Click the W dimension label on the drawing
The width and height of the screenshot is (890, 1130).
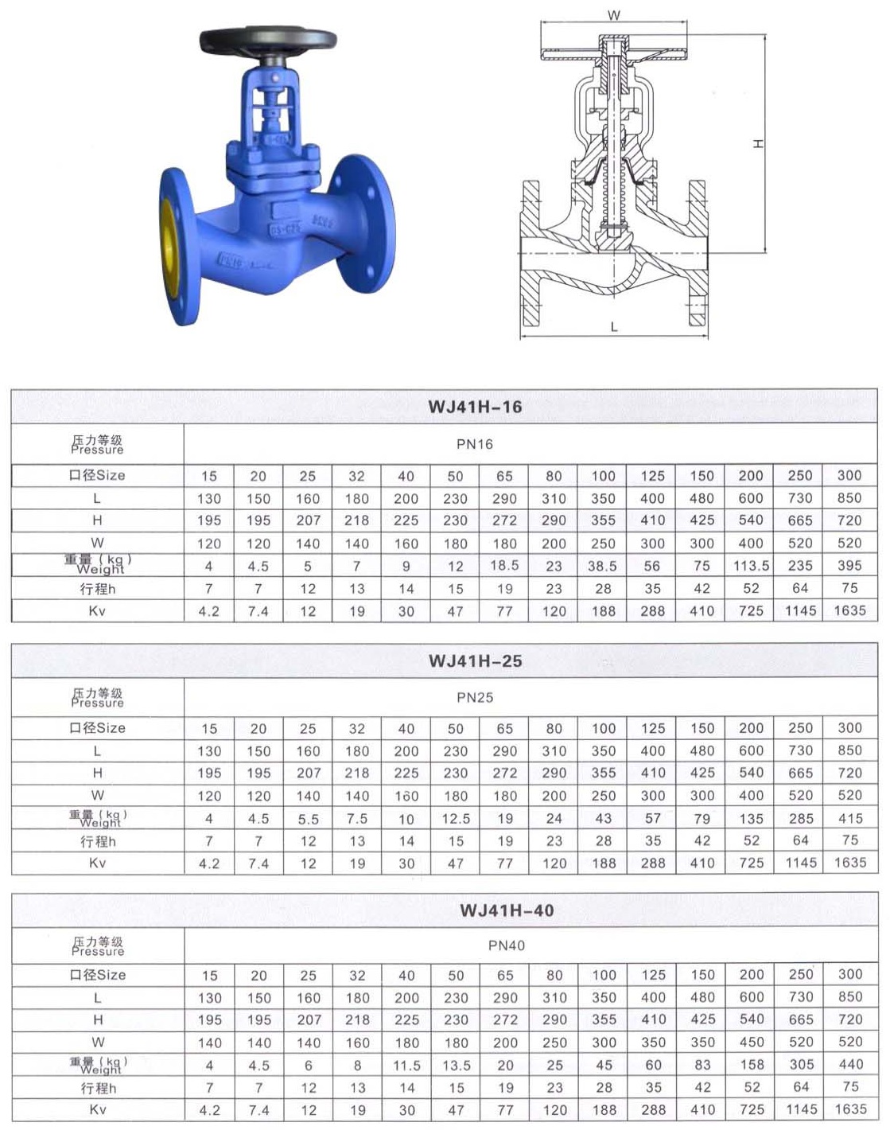coord(613,14)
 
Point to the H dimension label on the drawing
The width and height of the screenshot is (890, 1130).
coord(758,143)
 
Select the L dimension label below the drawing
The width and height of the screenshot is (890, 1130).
coord(614,327)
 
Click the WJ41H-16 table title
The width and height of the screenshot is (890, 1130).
coord(475,407)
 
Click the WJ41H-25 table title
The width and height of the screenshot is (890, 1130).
coord(475,660)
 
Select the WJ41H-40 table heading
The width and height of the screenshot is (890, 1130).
coord(507,910)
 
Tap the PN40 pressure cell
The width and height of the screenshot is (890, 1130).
coord(507,945)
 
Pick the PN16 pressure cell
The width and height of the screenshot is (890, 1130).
coord(475,444)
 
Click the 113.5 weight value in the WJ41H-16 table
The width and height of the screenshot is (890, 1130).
coord(751,566)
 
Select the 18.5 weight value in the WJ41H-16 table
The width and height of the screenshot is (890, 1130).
coord(504,565)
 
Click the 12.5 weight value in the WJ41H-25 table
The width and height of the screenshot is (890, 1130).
coord(456,818)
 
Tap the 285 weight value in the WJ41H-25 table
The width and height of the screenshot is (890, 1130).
coord(800,818)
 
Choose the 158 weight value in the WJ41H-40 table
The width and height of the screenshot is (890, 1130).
coord(752,1065)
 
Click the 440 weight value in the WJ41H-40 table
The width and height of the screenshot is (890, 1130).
coord(850,1064)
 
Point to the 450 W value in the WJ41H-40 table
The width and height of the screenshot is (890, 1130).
coord(752,1042)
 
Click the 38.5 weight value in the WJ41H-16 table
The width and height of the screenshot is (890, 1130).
coord(603,566)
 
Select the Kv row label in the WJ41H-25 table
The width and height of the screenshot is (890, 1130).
coord(97,863)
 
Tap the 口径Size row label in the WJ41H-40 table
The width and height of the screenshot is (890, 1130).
coord(97,975)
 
